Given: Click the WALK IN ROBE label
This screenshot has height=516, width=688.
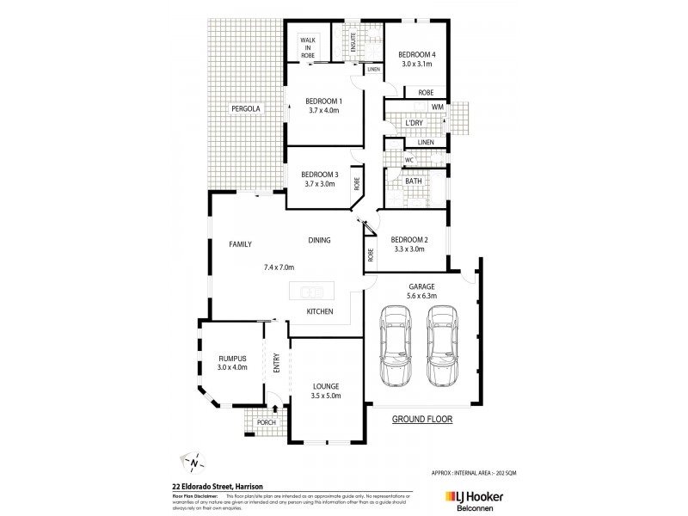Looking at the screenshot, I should tap(307, 47).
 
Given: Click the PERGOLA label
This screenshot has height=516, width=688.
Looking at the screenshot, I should tap(244, 109).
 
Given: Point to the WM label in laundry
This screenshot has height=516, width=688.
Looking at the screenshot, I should tap(437, 107).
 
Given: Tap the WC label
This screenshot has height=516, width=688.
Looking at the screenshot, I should tap(409, 160).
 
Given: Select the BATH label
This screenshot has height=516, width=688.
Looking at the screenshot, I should tap(414, 181).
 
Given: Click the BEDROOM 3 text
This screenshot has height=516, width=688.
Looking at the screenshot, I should tap(319, 174).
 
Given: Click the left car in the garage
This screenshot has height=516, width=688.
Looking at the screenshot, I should tap(396, 348).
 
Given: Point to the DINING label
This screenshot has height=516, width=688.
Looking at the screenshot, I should tap(319, 240).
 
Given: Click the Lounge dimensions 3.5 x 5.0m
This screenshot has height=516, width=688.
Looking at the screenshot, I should tap(326, 396).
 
